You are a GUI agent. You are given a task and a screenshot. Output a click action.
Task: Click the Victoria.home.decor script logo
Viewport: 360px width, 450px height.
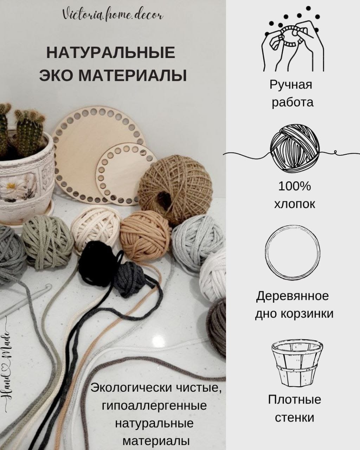112,15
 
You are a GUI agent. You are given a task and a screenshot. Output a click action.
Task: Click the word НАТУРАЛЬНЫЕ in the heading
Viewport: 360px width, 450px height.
111,53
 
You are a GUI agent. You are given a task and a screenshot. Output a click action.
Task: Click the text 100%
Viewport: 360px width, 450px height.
295,186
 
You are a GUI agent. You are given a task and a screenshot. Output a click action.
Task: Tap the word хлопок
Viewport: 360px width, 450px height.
295,204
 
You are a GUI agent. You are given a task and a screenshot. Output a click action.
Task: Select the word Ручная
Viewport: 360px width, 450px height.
291,85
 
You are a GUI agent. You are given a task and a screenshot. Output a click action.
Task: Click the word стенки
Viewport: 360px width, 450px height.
294,418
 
